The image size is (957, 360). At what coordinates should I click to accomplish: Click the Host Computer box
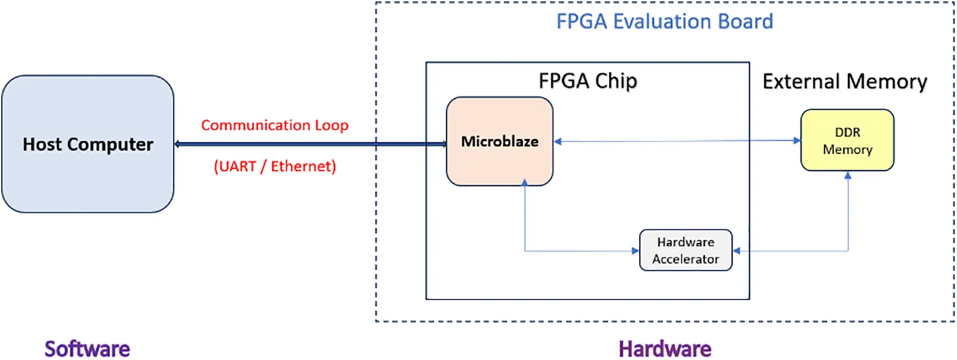(x=88, y=144)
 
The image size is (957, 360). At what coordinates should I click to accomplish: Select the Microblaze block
(x=499, y=141)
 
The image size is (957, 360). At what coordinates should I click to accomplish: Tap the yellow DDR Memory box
(x=847, y=140)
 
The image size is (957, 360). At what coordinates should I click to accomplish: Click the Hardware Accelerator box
(x=685, y=250)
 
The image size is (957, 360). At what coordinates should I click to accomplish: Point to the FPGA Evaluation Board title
(x=664, y=22)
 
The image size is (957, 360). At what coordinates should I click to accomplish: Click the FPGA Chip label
(x=587, y=81)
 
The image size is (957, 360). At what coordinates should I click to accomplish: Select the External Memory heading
(x=844, y=81)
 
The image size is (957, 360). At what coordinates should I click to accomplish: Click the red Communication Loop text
(x=275, y=125)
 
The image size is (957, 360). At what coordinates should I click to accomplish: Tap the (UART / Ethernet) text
(x=275, y=166)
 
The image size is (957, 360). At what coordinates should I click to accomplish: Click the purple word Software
(x=87, y=349)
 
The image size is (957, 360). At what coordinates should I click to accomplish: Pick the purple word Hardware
(x=665, y=349)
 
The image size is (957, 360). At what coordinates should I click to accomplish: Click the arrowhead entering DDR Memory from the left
(x=797, y=141)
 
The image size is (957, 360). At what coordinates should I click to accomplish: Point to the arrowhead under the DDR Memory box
(x=848, y=175)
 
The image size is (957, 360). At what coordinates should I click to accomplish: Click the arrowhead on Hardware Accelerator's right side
(x=737, y=251)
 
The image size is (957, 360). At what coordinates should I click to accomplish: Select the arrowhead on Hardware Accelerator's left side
(x=635, y=251)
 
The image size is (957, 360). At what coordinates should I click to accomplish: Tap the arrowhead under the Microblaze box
(x=525, y=182)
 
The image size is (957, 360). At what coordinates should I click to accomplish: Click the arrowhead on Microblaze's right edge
(x=557, y=142)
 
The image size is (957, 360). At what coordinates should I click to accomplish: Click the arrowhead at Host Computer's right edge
(x=178, y=144)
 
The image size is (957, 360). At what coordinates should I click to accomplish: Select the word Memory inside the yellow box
(x=847, y=150)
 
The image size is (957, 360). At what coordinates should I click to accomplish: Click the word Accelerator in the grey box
(x=685, y=259)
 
